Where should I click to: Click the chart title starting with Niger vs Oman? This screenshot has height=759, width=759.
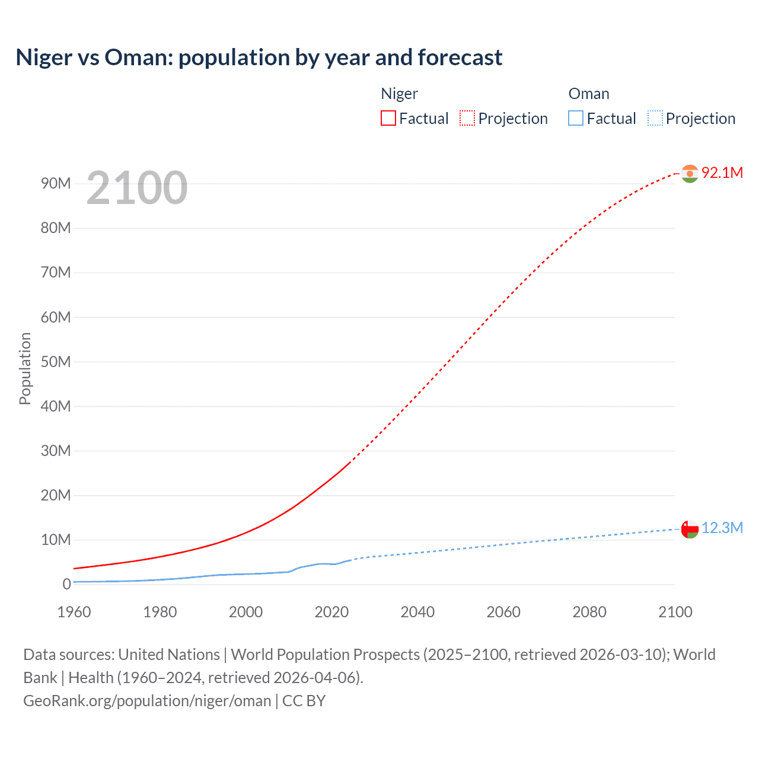(x=259, y=58)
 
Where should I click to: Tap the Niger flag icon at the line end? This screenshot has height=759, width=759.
(x=690, y=173)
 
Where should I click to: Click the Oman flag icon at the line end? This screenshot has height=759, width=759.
(x=690, y=528)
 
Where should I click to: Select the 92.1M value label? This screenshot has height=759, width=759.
(x=722, y=173)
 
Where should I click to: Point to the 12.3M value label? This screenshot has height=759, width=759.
(x=722, y=528)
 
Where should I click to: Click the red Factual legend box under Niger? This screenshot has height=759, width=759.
(x=388, y=118)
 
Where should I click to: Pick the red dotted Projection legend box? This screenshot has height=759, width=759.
(x=467, y=118)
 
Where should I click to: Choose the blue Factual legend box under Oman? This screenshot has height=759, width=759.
(x=576, y=118)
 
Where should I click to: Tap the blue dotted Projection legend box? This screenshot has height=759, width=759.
(x=655, y=118)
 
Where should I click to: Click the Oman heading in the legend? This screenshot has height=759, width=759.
(x=588, y=94)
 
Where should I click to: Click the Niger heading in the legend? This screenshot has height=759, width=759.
(x=399, y=94)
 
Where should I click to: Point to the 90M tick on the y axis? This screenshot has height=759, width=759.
(x=56, y=183)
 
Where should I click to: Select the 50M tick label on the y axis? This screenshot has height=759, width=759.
(x=56, y=362)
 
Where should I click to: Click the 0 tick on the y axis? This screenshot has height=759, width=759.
(x=66, y=584)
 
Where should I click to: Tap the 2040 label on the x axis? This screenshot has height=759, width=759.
(x=417, y=612)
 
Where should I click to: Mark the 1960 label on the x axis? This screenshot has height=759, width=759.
(x=74, y=612)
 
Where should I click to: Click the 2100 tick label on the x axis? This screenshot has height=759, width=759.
(x=675, y=612)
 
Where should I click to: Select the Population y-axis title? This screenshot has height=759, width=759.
(x=25, y=368)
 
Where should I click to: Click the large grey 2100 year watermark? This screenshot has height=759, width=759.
(x=137, y=188)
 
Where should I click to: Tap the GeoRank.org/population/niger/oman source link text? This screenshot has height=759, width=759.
(x=147, y=701)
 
